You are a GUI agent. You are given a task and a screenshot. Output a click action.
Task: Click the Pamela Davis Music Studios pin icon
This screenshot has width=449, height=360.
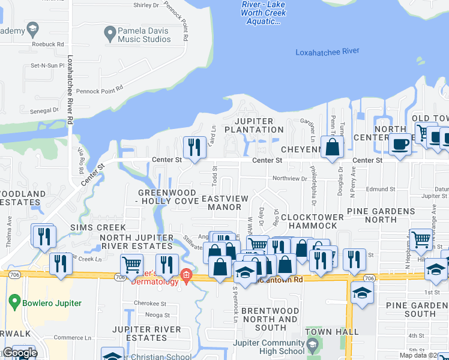pyautogui.click(x=110, y=34)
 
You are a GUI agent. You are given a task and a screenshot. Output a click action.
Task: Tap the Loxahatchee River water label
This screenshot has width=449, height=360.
pyautogui.click(x=327, y=52)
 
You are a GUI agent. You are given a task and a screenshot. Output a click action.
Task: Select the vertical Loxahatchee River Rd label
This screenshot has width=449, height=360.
pyautogui.click(x=70, y=90)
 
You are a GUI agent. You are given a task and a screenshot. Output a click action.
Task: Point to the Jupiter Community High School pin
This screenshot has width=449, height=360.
pyautogui.click(x=312, y=346)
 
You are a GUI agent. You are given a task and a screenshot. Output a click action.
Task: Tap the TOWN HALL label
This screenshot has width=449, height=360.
pyautogui.click(x=327, y=331)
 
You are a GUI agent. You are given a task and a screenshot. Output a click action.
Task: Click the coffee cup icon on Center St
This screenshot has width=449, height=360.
pyautogui.click(x=400, y=144)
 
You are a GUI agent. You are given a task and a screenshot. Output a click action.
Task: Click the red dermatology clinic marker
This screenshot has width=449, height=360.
pyautogui.click(x=187, y=275)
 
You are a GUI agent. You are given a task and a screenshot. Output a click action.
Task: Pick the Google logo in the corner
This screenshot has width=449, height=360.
pyautogui.click(x=19, y=353)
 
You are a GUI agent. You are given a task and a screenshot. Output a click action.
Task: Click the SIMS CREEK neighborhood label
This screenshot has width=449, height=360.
pyautogui.click(x=98, y=227)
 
